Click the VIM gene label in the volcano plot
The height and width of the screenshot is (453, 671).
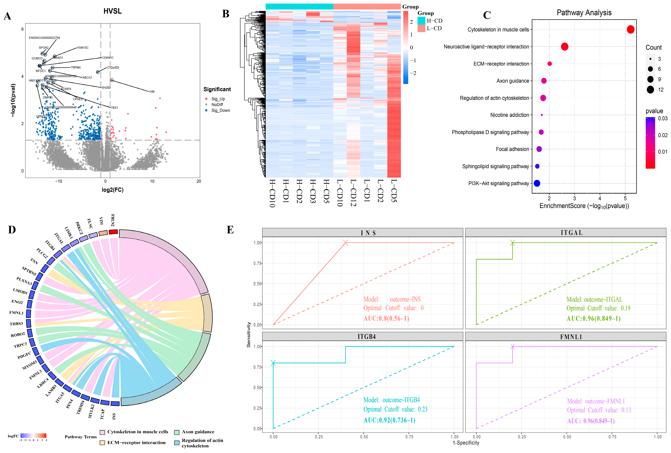(x=152, y=92)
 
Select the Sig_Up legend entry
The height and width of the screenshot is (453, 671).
(x=218, y=99)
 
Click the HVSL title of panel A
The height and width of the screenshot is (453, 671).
(x=113, y=11)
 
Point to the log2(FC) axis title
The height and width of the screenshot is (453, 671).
(x=113, y=190)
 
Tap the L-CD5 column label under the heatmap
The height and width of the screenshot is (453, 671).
(x=394, y=191)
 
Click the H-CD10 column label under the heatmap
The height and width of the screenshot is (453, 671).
(x=272, y=193)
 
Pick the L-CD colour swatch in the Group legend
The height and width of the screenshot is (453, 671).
(x=421, y=28)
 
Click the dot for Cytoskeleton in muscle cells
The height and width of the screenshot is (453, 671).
(x=631, y=29)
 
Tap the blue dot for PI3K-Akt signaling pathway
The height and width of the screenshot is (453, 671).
(x=537, y=183)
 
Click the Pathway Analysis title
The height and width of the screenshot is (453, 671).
(x=584, y=13)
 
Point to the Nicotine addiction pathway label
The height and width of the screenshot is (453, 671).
(x=510, y=115)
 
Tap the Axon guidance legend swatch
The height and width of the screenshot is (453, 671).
(x=177, y=432)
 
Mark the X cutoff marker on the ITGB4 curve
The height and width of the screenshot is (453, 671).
(x=273, y=363)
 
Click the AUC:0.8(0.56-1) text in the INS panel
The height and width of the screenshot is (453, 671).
(x=386, y=318)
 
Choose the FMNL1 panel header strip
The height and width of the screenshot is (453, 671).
(x=571, y=337)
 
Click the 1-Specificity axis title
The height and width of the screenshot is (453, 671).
(x=466, y=443)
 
